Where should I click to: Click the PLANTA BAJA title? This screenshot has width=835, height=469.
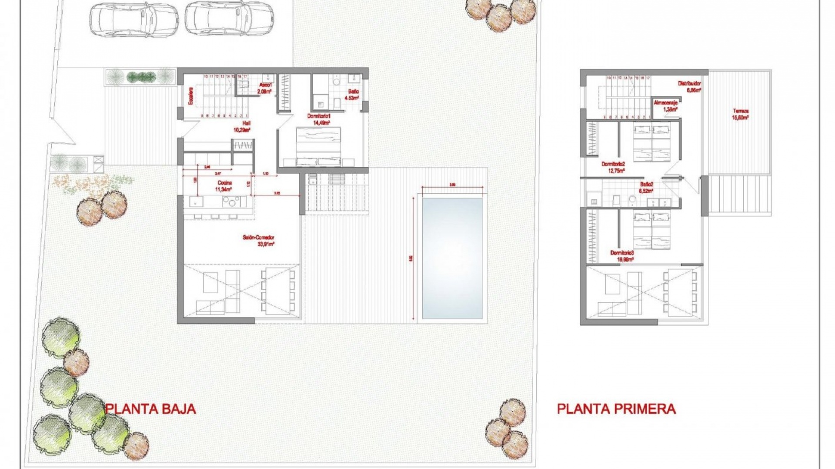click(x=150, y=409)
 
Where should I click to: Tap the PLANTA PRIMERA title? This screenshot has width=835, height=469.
click(x=616, y=409)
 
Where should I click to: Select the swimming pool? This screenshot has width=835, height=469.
click(x=452, y=258)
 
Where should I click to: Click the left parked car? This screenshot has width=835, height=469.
click(x=134, y=18)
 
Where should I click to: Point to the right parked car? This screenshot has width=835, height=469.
click(x=229, y=18)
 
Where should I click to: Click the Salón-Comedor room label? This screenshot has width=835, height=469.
click(x=259, y=241)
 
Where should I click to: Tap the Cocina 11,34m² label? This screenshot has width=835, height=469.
click(x=224, y=186)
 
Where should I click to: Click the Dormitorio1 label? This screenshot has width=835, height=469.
click(x=319, y=119)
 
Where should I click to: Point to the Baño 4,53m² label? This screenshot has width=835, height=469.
click(x=352, y=95)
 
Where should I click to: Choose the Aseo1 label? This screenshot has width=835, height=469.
click(x=265, y=88)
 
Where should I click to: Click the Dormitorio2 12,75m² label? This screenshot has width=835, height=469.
click(x=613, y=167)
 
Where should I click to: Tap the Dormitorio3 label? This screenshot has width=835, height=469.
click(x=622, y=256)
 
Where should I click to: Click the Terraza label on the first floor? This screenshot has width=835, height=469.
click(x=740, y=114)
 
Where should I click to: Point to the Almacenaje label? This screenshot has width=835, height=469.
click(x=666, y=106)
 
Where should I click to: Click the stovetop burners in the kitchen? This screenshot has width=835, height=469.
click(x=230, y=201)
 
